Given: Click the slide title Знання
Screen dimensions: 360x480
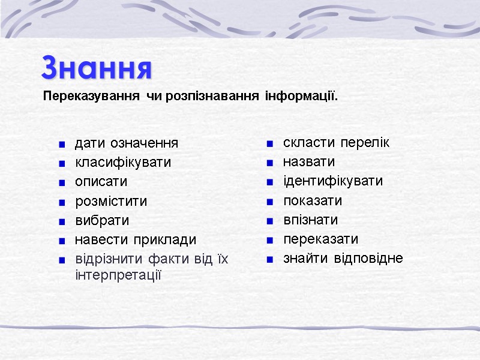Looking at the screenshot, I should pos(97,68).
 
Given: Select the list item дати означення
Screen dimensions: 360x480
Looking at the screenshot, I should pos(126,143).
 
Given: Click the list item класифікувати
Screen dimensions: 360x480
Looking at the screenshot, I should pos(122,163).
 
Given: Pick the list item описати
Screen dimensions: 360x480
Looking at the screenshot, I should pos(101,182).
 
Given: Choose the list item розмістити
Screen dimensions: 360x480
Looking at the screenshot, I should pos(110,201).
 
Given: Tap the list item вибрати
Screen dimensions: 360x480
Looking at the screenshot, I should pos(101,220).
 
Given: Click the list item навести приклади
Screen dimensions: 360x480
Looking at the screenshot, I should pos(135,240).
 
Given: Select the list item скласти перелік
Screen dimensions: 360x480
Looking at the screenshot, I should pos(336,143).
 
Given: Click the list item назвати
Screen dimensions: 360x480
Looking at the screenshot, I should pos(309,162).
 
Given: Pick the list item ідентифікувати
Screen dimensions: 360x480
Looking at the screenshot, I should pos(333,181).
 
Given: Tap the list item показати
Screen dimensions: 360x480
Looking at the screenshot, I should pos(313,200).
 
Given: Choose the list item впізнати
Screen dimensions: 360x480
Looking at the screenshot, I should pos(310,220).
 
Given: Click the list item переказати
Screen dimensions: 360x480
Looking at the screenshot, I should pos(320,239).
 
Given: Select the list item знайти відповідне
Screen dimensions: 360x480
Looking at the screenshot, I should pos(343,259).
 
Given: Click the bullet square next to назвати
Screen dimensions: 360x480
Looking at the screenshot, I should pos(271,163).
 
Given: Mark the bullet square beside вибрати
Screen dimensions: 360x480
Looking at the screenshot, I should pos(62,221).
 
